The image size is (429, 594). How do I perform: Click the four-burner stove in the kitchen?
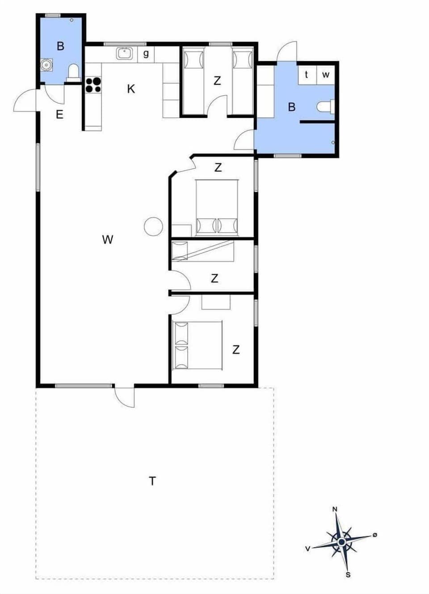pyautogui.click(x=93, y=85)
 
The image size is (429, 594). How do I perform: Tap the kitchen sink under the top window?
pyautogui.click(x=125, y=54)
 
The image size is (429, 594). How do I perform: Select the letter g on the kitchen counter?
pyautogui.click(x=146, y=54)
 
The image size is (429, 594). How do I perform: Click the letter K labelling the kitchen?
pyautogui.click(x=131, y=89)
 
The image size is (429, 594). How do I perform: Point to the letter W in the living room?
pyautogui.click(x=108, y=240)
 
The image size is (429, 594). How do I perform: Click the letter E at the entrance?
pyautogui.click(x=59, y=115)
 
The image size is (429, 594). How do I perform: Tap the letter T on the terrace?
pyautogui.click(x=152, y=481)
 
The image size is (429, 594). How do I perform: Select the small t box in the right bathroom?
pyautogui.click(x=307, y=75)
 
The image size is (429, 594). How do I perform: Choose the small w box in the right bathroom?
pyautogui.click(x=326, y=75)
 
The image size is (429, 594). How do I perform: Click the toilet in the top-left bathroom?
pyautogui.click(x=73, y=72)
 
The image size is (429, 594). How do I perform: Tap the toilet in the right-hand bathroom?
pyautogui.click(x=325, y=107)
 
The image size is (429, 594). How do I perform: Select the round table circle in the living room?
pyautogui.click(x=153, y=226)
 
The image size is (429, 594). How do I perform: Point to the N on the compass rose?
pyautogui.click(x=335, y=509)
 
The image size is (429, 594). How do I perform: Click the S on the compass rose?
pyautogui.click(x=348, y=575)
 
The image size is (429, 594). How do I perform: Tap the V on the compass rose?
pyautogui.click(x=307, y=548)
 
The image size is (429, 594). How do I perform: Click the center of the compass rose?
pyautogui.click(x=342, y=542)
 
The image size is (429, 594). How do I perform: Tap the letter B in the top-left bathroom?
pyautogui.click(x=60, y=46)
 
